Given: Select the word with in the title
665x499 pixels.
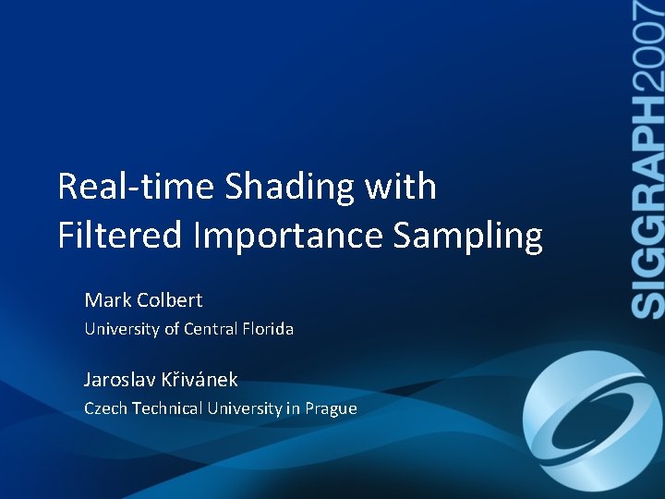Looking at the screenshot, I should [x=401, y=188].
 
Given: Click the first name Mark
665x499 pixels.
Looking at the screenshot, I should [x=107, y=300].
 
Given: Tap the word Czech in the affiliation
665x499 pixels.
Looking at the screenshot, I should [x=105, y=408].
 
